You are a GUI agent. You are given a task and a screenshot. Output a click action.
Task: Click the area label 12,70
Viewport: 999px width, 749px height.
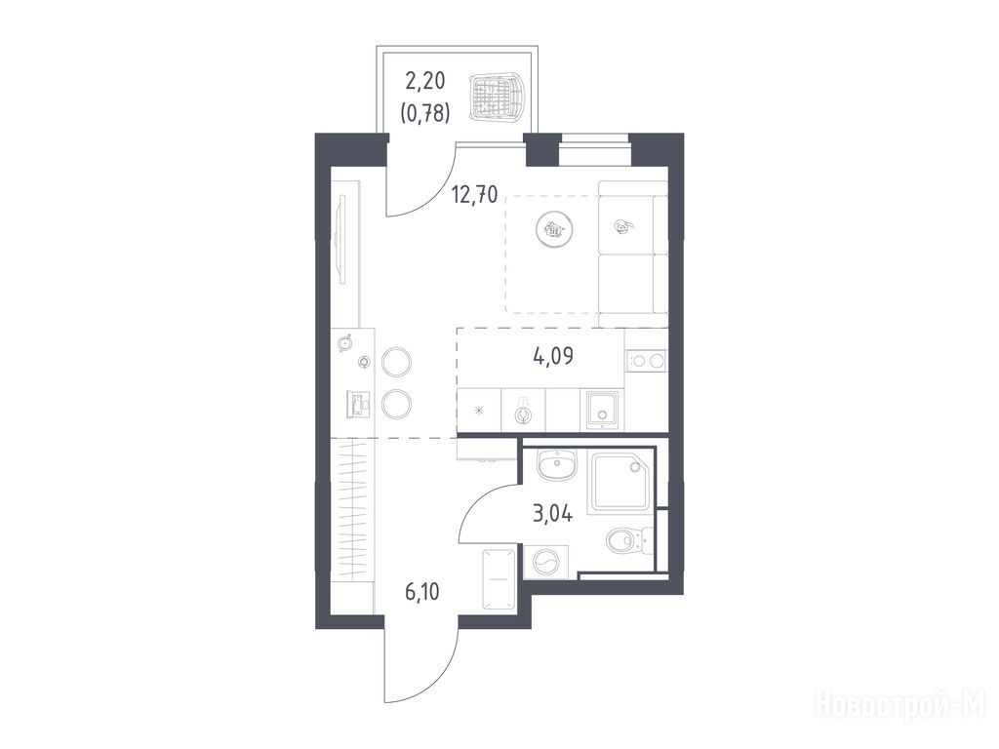tap(475, 193)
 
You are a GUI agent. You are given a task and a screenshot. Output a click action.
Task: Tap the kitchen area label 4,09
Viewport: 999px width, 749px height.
tap(553, 356)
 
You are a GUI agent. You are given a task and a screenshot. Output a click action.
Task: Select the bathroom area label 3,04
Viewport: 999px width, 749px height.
tap(552, 513)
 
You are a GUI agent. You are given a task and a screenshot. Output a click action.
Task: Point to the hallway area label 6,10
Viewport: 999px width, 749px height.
tap(421, 592)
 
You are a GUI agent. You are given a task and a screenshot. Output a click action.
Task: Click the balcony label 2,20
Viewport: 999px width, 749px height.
tap(425, 81)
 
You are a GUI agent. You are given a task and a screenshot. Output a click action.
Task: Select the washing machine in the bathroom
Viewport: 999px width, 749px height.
tap(546, 563)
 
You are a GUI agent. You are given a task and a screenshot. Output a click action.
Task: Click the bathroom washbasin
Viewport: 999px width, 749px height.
tap(557, 465)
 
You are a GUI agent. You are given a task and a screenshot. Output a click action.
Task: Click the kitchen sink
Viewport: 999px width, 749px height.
tap(601, 412)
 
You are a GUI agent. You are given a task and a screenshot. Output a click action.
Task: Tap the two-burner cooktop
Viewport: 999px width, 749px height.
tap(647, 361)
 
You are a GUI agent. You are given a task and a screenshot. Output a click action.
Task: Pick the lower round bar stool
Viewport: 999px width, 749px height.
tap(396, 404)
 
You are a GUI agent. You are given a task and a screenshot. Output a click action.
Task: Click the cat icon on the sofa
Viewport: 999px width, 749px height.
tap(623, 225)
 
